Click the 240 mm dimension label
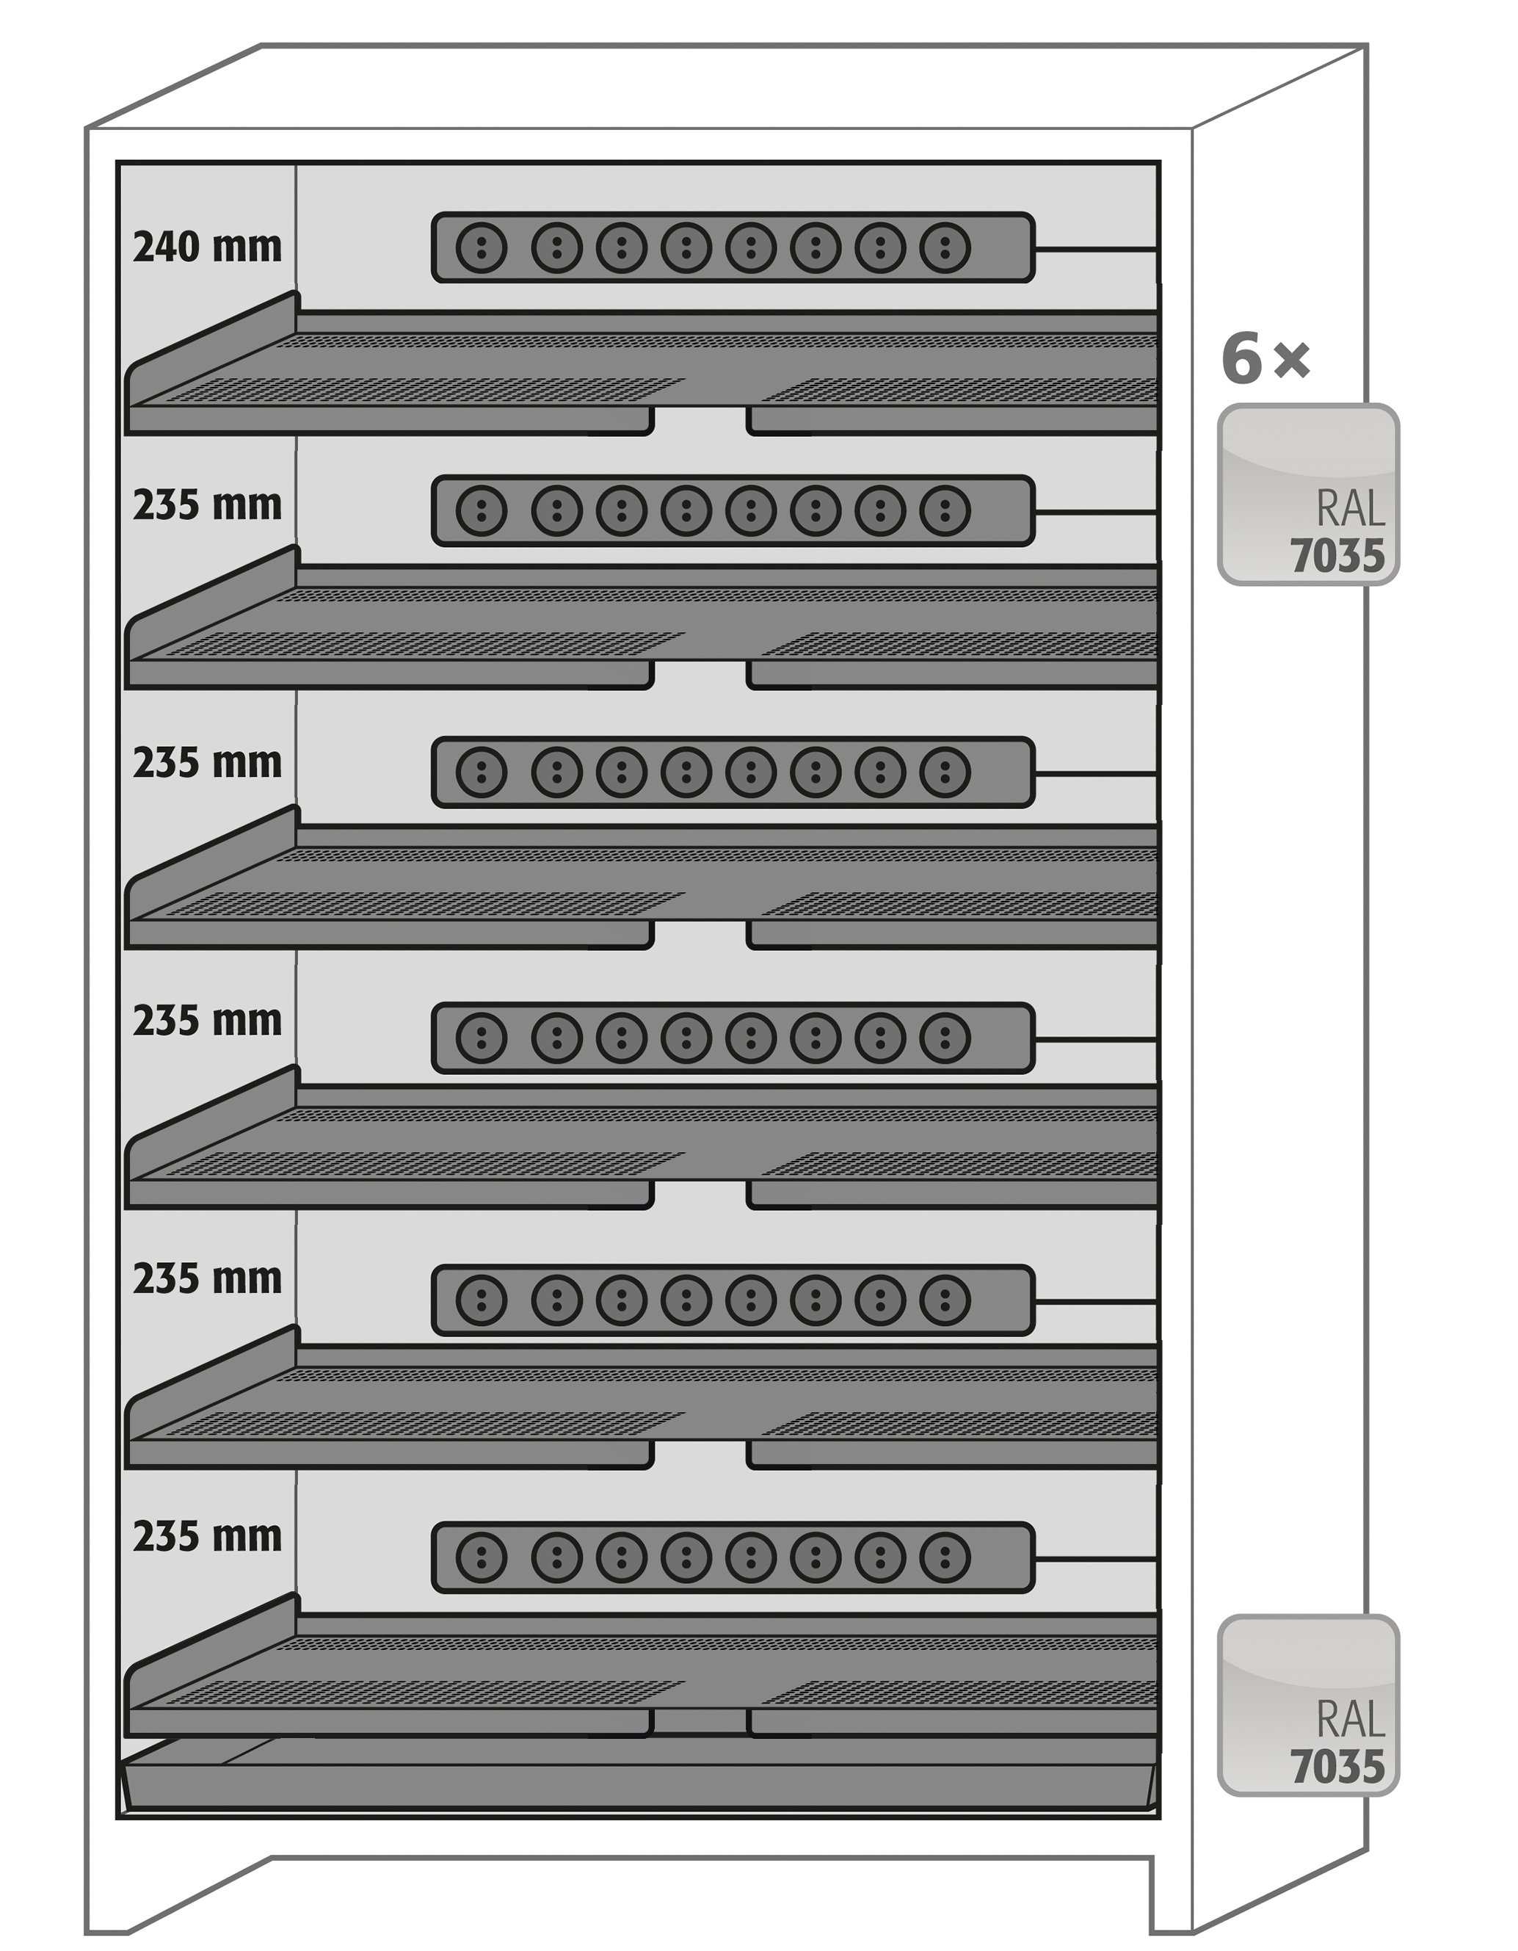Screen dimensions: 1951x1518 tap(207, 247)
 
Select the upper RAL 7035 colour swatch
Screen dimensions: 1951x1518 tap(1308, 495)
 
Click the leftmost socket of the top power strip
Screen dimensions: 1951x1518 tap(482, 247)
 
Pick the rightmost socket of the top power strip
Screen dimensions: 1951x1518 tap(945, 247)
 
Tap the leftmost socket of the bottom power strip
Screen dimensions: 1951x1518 tap(482, 1557)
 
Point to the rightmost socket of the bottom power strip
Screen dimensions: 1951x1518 tap(945, 1557)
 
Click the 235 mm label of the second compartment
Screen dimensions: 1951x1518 tap(207, 506)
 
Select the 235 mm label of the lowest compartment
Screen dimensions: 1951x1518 tap(207, 1537)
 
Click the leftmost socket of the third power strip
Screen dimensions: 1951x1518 tap(482, 772)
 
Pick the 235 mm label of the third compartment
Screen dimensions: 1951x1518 tap(207, 763)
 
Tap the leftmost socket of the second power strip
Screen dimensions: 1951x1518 tap(482, 511)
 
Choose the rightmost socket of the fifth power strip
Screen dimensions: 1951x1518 tap(945, 1300)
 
